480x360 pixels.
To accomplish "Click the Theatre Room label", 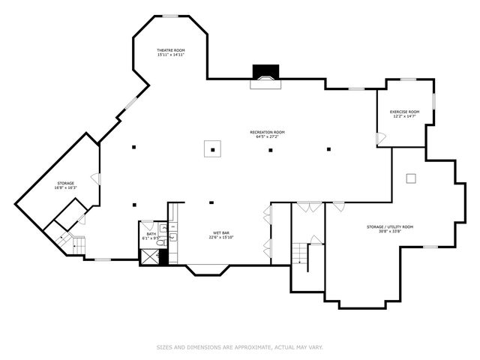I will (171, 52).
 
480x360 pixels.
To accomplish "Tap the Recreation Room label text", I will (267, 134).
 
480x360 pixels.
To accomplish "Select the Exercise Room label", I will (404, 114).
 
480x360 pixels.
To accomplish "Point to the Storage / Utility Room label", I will (390, 229).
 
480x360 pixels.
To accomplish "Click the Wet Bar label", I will (220, 235).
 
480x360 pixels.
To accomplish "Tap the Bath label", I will (151, 235).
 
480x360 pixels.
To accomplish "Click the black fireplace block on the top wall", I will (265, 71).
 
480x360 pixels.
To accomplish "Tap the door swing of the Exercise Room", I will (381, 139).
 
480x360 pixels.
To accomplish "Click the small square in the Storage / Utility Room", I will (410, 178).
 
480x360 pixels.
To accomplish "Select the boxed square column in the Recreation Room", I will (213, 148).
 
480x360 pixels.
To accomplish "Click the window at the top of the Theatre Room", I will (171, 15).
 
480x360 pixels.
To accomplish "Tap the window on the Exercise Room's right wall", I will (434, 100).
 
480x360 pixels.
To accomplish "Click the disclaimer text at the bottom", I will (240, 346).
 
